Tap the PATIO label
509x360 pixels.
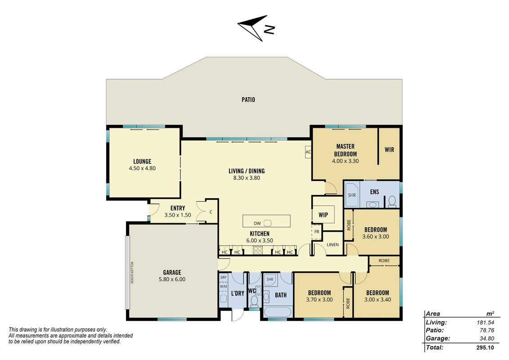pyautogui.click(x=248, y=99)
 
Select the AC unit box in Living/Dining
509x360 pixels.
pyautogui.click(x=308, y=152)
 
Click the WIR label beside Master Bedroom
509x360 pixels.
pyautogui.click(x=389, y=150)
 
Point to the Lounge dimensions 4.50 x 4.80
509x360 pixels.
pyautogui.click(x=142, y=168)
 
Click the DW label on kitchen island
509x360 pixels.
pyautogui.click(x=257, y=223)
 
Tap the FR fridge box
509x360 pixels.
pyautogui.click(x=316, y=232)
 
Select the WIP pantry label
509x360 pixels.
pyautogui.click(x=323, y=215)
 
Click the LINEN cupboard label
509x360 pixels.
pyautogui.click(x=333, y=245)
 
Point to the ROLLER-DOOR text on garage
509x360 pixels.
pyautogui.click(x=132, y=273)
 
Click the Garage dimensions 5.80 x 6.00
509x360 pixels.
pyautogui.click(x=172, y=279)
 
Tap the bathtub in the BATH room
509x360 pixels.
pyautogui.click(x=279, y=311)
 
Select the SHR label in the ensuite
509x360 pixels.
pyautogui.click(x=352, y=195)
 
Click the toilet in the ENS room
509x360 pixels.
pyautogui.click(x=392, y=201)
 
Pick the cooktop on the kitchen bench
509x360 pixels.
pyautogui.click(x=258, y=250)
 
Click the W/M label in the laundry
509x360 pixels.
pyautogui.click(x=223, y=287)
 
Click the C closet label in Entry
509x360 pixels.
pyautogui.click(x=211, y=212)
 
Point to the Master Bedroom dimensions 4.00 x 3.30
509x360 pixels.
pyautogui.click(x=345, y=161)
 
